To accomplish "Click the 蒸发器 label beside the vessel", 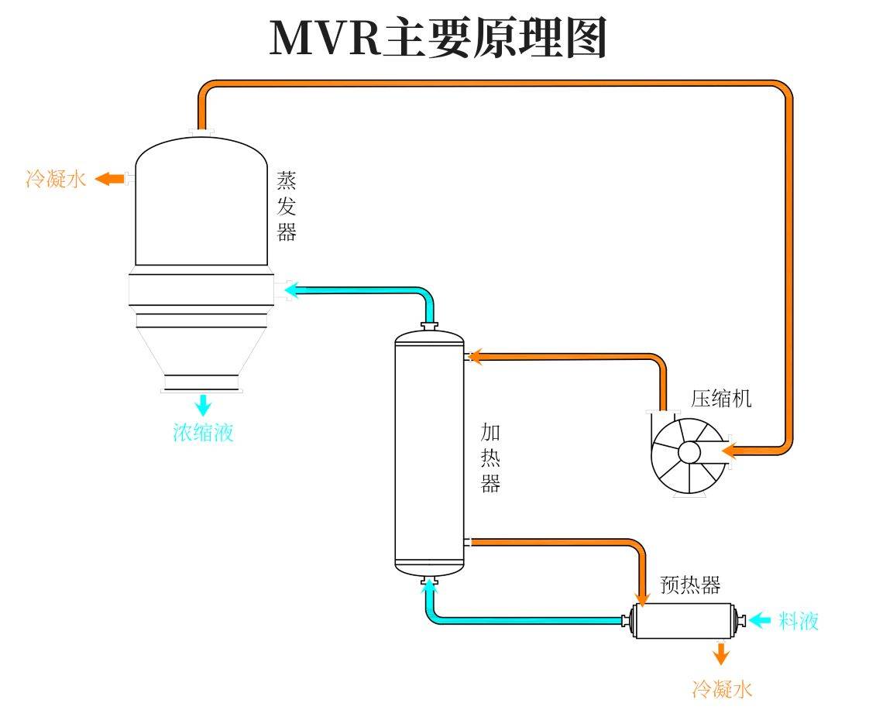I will point(287,207).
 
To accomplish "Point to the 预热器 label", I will point(690,585).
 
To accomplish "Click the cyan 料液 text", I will point(799,620).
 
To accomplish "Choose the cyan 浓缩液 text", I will point(203,432).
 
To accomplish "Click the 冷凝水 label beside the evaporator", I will point(56,180).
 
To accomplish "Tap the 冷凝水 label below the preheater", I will point(722,688).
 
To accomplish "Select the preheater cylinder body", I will point(682,621).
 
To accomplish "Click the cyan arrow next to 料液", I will point(760,619).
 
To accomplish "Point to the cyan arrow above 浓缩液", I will point(203,404).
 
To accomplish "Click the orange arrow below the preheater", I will point(721,654).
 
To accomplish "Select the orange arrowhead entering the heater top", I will point(475,356).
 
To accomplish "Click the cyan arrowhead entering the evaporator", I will point(291,290).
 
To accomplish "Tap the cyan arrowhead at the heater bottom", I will point(428,588).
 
